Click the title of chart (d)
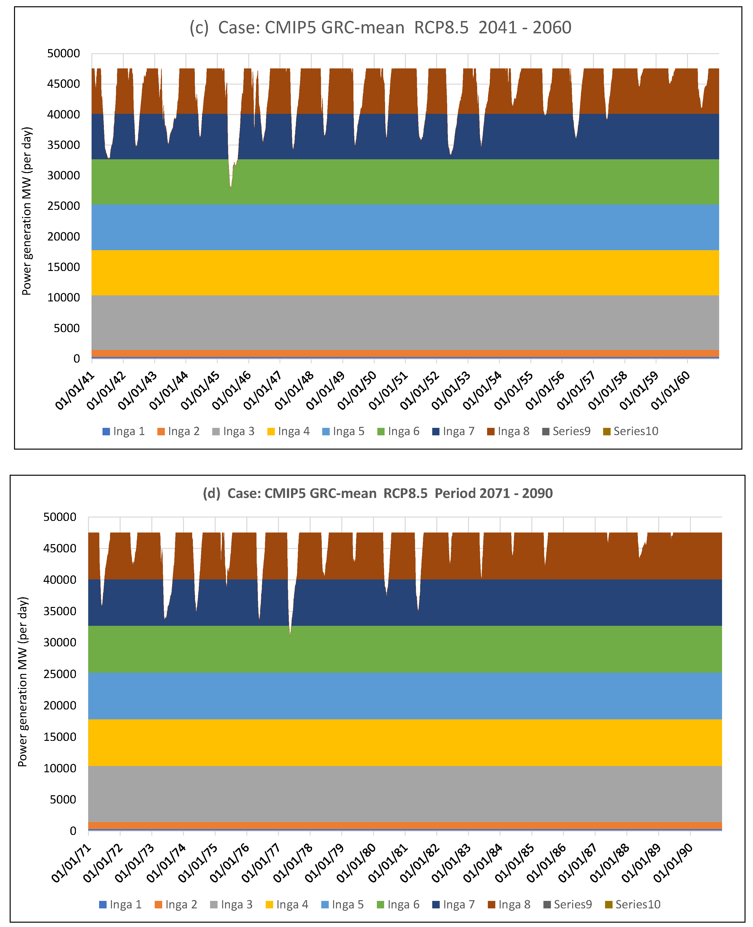pyautogui.click(x=377, y=493)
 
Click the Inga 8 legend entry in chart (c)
pyautogui.click(x=508, y=431)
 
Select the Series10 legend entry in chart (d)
pyautogui.click(x=632, y=905)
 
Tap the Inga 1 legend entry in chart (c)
pyautogui.click(x=124, y=431)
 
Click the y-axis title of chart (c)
pyautogui.click(x=27, y=211)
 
